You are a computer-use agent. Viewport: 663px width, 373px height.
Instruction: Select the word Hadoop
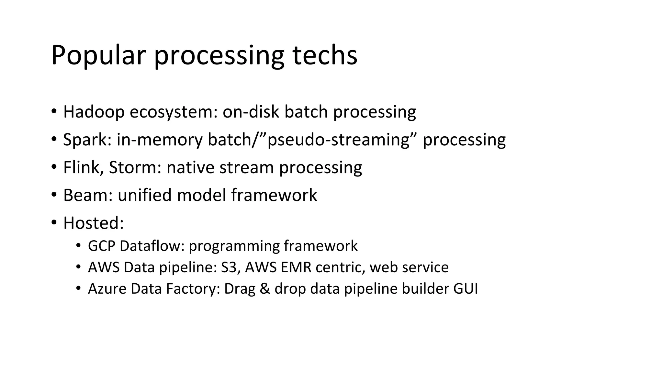tap(94, 112)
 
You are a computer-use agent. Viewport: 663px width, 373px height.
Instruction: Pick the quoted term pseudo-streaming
tap(338, 140)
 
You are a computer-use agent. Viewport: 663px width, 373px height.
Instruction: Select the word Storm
tap(135, 168)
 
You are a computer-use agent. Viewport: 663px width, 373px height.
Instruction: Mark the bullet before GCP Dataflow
tap(78, 246)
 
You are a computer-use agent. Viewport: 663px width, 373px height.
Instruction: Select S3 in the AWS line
tap(230, 267)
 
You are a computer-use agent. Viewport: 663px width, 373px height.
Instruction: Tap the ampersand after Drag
tap(265, 289)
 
